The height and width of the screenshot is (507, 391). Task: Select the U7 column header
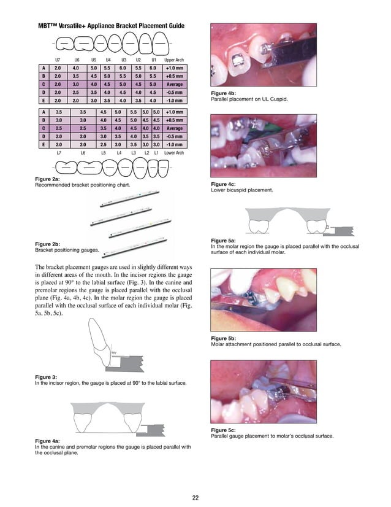[x=58, y=60]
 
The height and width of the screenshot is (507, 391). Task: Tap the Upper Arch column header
[x=174, y=60]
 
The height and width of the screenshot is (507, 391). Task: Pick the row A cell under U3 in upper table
[x=123, y=68]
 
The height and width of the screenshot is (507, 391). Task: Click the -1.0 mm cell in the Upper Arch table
[x=174, y=99]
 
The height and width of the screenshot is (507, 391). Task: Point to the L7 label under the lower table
[x=59, y=152]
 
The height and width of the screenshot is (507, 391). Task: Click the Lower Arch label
[x=174, y=152]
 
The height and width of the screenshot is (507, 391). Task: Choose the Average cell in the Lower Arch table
[x=174, y=129]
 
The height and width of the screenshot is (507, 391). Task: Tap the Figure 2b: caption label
[x=47, y=244]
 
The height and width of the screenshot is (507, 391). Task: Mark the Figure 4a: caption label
[x=47, y=441]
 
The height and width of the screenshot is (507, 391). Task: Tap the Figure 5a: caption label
[x=223, y=241]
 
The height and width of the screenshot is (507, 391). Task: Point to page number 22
[x=195, y=498]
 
